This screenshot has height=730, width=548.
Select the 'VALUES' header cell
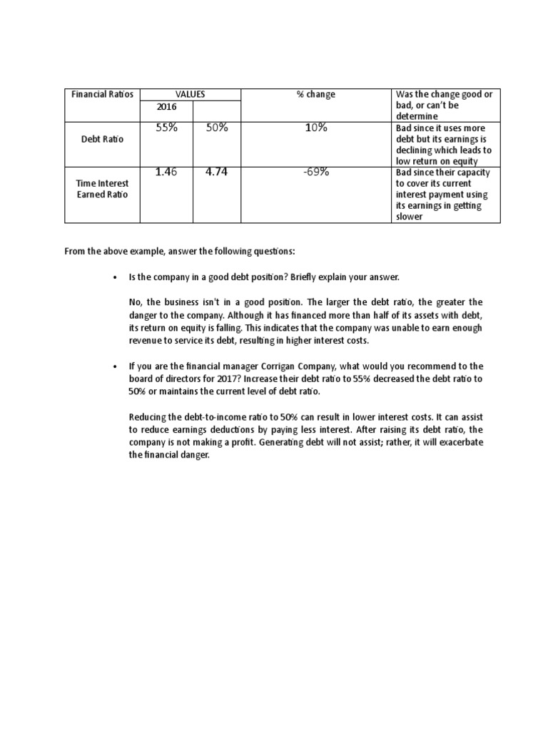(190, 94)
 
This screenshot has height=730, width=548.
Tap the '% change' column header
(315, 94)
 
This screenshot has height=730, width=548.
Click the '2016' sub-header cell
(166, 106)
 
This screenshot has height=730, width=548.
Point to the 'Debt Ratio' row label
(103, 139)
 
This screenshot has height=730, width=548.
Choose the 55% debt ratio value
(166, 128)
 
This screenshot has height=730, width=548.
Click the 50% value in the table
(216, 128)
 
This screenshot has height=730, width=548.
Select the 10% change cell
(315, 128)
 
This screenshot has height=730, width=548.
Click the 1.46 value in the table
(166, 172)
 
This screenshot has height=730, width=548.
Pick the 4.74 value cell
(216, 172)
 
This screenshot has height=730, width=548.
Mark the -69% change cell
(315, 172)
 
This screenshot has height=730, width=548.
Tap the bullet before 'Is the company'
(115, 276)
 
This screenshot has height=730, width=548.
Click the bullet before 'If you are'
(115, 366)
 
